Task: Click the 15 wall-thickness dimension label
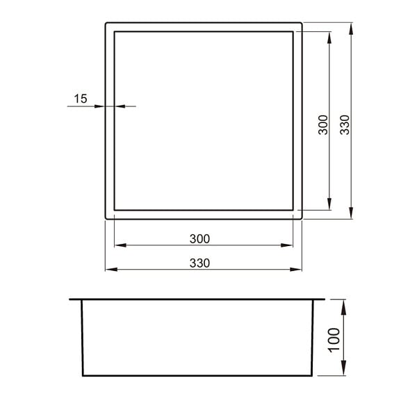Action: (x=81, y=99)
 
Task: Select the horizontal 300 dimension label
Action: (x=199, y=239)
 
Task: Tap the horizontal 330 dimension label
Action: (x=199, y=263)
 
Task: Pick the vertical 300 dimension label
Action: (x=323, y=124)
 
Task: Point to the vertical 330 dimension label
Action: (x=345, y=124)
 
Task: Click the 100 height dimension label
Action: (x=334, y=340)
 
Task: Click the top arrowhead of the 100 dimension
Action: (x=343, y=307)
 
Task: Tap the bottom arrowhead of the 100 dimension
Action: (x=343, y=368)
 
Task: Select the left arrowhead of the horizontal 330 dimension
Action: (x=111, y=270)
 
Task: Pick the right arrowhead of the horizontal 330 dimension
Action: (x=296, y=270)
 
